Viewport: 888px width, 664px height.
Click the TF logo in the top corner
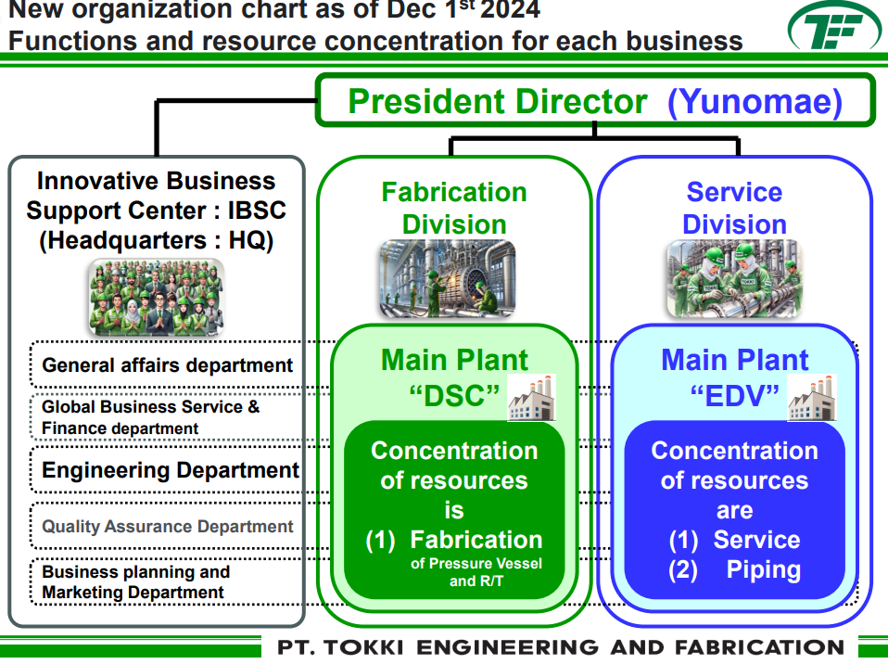coord(833,30)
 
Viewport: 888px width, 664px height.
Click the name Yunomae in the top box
coord(755,101)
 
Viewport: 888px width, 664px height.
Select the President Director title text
coord(498,101)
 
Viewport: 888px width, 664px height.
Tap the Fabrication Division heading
coord(454,208)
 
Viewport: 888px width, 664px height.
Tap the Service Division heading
coord(734,208)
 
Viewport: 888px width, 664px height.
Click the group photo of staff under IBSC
coord(157,296)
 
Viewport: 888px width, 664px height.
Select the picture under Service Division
coord(734,278)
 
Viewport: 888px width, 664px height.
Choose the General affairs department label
coord(168,365)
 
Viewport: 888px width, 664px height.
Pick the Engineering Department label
coord(171,470)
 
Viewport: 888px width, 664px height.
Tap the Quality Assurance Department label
coord(168,526)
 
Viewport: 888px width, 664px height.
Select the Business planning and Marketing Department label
coord(135,581)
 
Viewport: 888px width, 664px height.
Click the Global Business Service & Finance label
coord(150,417)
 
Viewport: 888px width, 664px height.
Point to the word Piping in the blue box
coord(763,569)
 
